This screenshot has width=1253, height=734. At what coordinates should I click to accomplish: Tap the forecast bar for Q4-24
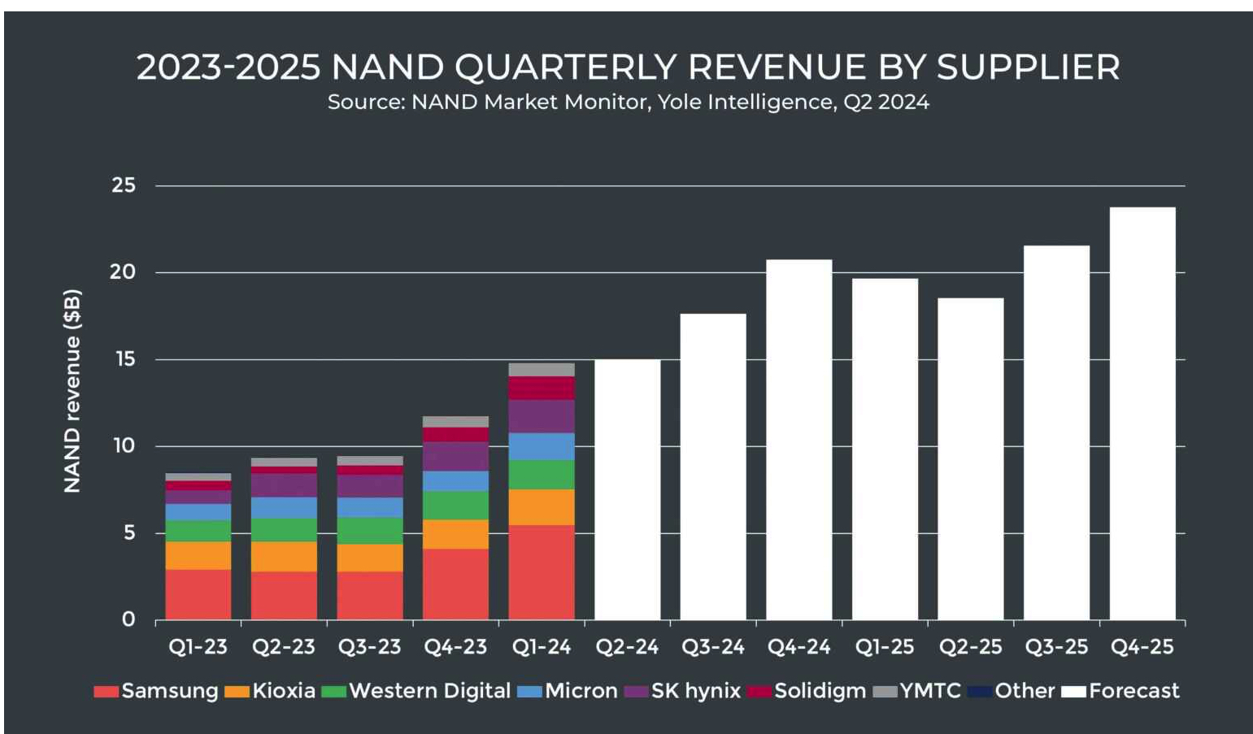(x=798, y=439)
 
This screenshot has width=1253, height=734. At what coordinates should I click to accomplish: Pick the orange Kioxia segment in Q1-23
(x=198, y=555)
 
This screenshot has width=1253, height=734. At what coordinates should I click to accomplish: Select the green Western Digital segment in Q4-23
(x=455, y=505)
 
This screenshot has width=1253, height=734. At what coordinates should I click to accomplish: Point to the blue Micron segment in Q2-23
(x=284, y=507)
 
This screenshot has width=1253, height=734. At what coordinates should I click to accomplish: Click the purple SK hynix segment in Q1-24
(x=542, y=416)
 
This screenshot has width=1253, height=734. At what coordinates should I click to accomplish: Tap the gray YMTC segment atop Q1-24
(x=542, y=369)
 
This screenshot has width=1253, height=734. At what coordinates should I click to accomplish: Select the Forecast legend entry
(x=1122, y=691)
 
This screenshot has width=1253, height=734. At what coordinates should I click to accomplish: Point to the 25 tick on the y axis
(x=124, y=185)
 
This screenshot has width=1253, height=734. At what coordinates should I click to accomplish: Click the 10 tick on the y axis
(x=124, y=445)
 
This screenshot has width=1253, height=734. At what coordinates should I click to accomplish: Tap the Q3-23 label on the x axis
(x=370, y=647)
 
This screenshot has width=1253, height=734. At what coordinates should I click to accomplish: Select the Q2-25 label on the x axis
(x=970, y=647)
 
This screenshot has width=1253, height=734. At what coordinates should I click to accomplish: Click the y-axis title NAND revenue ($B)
(x=72, y=390)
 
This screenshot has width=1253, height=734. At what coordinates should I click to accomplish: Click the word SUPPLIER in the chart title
(x=1028, y=67)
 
